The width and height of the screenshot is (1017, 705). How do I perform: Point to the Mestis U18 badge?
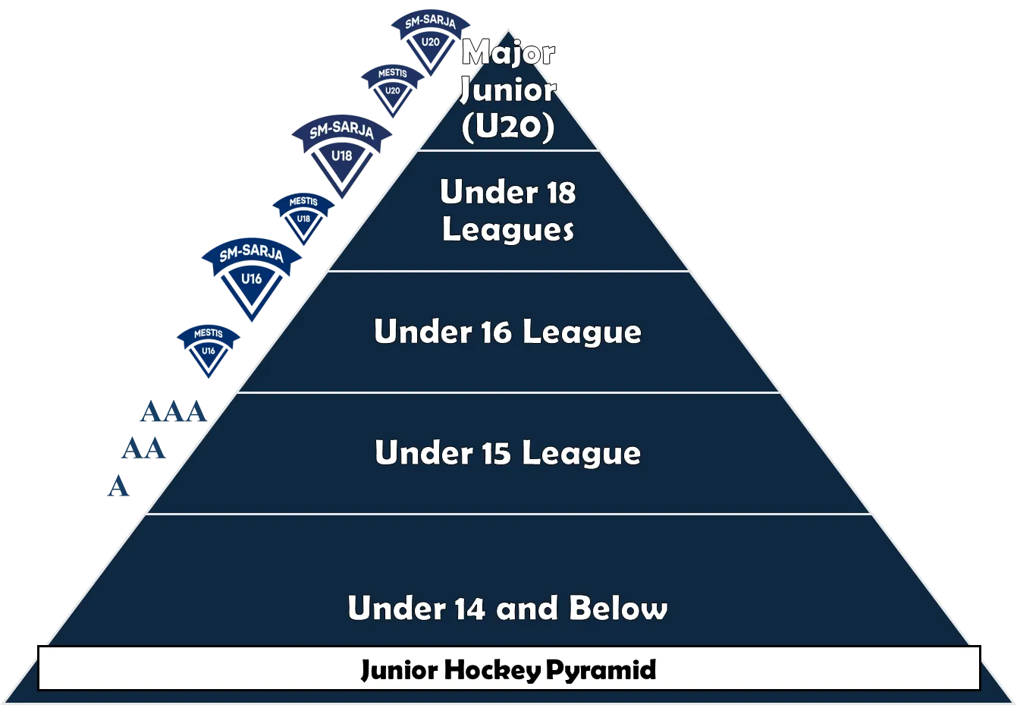pos(303,213)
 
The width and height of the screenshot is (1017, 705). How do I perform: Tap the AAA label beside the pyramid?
pos(173,414)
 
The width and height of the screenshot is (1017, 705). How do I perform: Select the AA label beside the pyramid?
pos(143,449)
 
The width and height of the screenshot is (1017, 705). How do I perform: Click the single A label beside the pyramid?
pos(118,486)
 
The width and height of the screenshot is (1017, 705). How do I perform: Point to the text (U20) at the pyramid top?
pos(507,127)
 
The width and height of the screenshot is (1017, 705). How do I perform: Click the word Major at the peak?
pos(508,53)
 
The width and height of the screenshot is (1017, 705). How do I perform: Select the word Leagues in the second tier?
pos(507,229)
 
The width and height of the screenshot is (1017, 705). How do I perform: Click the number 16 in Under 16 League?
pos(494,332)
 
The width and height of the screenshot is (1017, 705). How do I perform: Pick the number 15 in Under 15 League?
pos(495,454)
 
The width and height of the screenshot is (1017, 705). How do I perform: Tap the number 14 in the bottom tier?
pos(469,609)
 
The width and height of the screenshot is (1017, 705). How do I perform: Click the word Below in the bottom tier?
pos(618,609)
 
